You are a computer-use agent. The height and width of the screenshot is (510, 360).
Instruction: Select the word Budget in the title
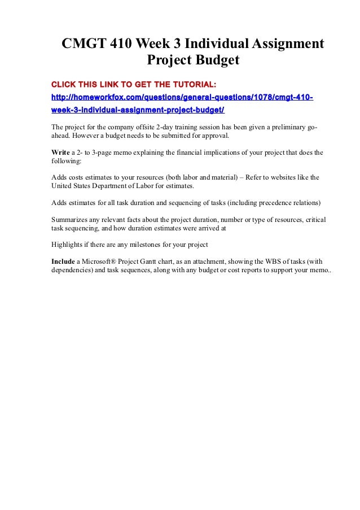pyautogui.click(x=215, y=60)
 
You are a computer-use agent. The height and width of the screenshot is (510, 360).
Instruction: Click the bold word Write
pyautogui.click(x=60, y=152)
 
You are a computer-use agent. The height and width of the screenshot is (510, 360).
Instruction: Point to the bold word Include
pyautogui.click(x=63, y=261)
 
